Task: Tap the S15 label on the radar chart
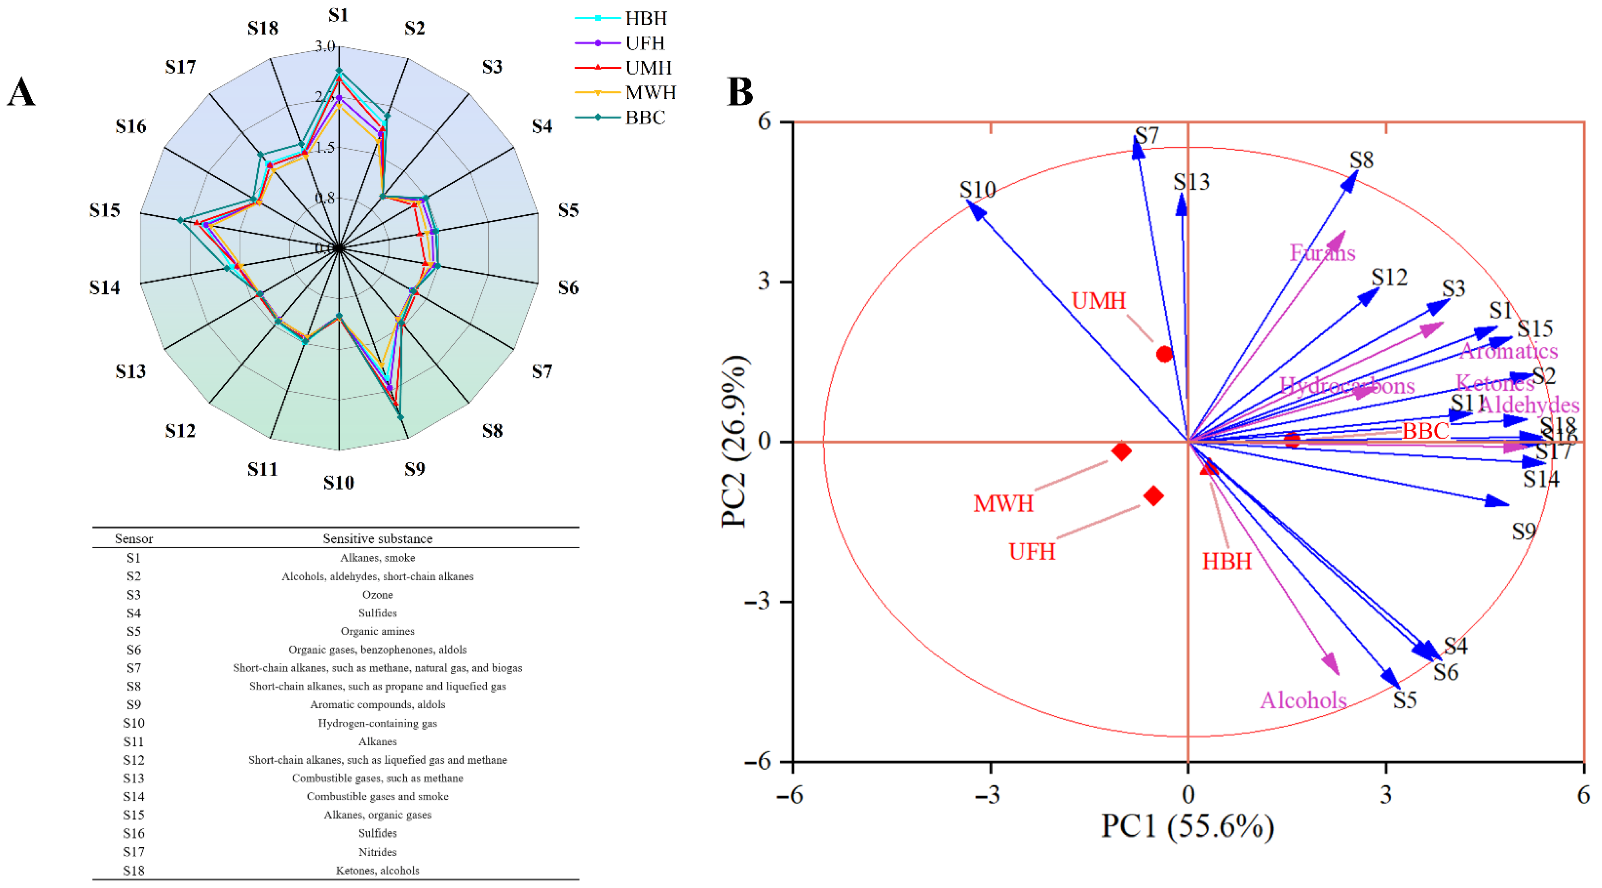pyautogui.click(x=105, y=210)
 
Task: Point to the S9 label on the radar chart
pyautogui.click(x=415, y=469)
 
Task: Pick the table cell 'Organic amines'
pyautogui.click(x=377, y=631)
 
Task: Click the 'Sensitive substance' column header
pyautogui.click(x=377, y=538)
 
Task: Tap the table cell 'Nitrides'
pyautogui.click(x=377, y=852)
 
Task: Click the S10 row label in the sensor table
pyautogui.click(x=134, y=723)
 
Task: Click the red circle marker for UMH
pyautogui.click(x=1164, y=354)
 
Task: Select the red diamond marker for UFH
pyautogui.click(x=1154, y=496)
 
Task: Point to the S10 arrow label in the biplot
pyautogui.click(x=977, y=189)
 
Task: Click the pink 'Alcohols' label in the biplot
pyautogui.click(x=1303, y=700)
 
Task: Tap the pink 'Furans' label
pyautogui.click(x=1322, y=253)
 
